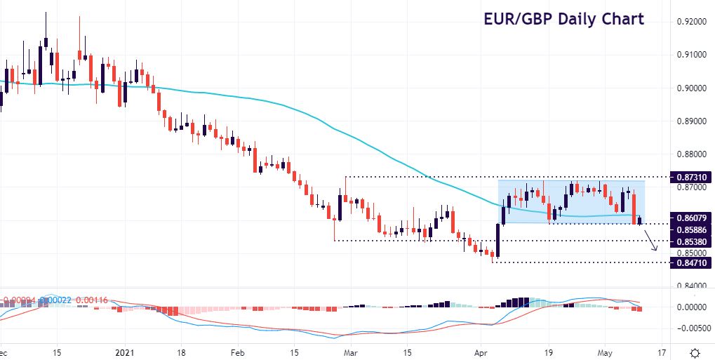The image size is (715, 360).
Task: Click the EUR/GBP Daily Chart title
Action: [x=563, y=19]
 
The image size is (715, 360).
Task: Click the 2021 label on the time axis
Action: [x=123, y=352]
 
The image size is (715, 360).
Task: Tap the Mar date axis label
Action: [x=349, y=352]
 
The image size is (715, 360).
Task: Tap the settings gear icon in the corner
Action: [x=694, y=352]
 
